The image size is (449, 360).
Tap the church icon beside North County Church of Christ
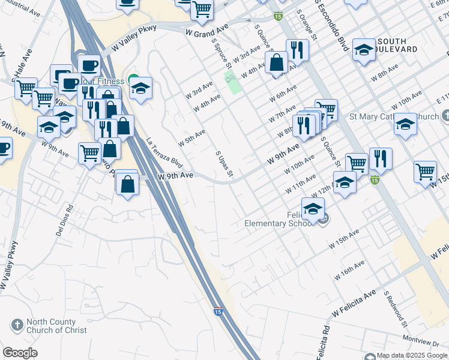[x=17, y=326]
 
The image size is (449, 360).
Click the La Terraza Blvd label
[x=164, y=153]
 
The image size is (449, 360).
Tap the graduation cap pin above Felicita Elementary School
[x=313, y=209]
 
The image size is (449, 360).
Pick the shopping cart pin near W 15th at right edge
[x=425, y=172]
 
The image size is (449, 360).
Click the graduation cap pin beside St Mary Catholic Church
[x=406, y=124]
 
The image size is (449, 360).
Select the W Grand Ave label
[x=208, y=30]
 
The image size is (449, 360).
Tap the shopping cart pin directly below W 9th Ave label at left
[x=89, y=153]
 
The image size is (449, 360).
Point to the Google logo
[x=20, y=353]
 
